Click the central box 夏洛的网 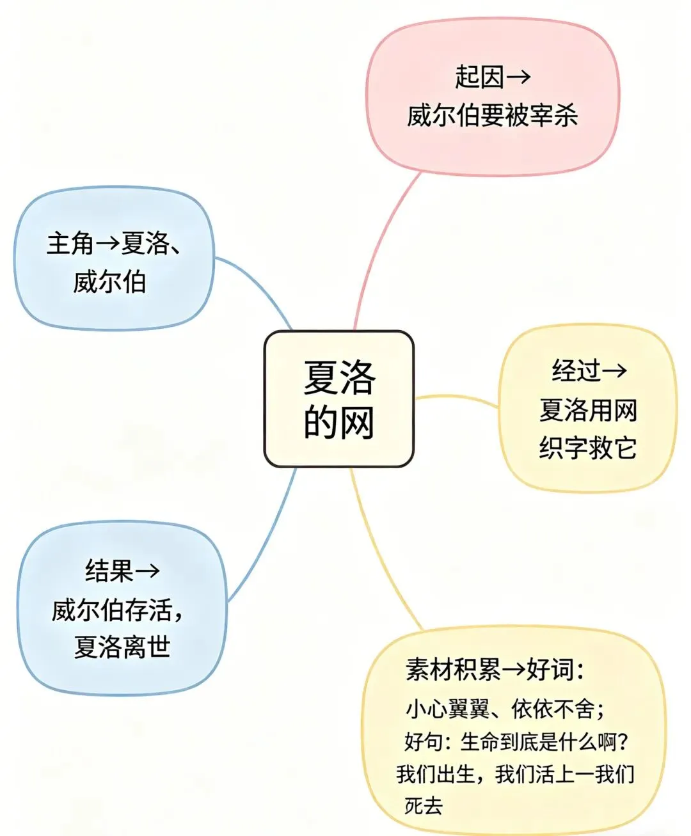(x=338, y=399)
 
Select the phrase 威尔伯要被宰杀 (x=492, y=116)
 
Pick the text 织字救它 (x=587, y=448)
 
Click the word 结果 (x=109, y=571)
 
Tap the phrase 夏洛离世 (x=122, y=647)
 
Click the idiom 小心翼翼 (x=447, y=709)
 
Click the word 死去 (x=423, y=805)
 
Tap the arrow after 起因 (x=518, y=77)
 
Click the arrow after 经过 (x=615, y=371)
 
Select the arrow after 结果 (x=147, y=571)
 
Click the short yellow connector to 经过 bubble (x=456, y=399)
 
